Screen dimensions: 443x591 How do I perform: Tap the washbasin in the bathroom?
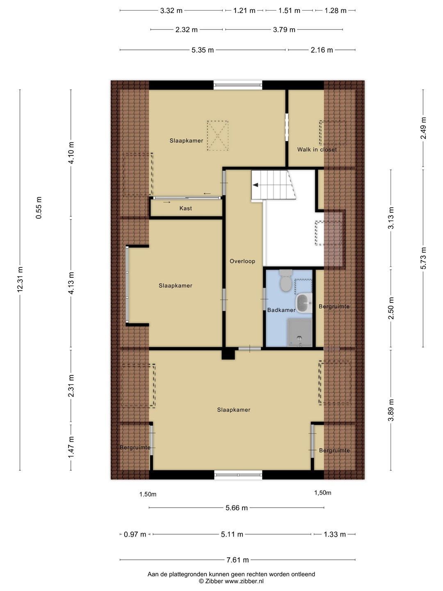pyautogui.click(x=304, y=303)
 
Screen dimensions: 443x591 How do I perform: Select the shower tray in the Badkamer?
pyautogui.click(x=300, y=332)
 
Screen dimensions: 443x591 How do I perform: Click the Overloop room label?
pyautogui.click(x=242, y=261)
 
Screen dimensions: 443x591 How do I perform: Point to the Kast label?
pyautogui.click(x=185, y=208)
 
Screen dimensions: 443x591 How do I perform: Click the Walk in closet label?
pyautogui.click(x=317, y=149)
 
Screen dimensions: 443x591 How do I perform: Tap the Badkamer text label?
pyautogui.click(x=281, y=310)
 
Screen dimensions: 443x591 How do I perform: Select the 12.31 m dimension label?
pyautogui.click(x=20, y=279)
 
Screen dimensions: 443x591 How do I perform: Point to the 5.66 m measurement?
pyautogui.click(x=236, y=508)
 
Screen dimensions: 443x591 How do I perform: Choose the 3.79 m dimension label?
pyautogui.click(x=284, y=30)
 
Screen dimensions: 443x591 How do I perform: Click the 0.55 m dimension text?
pyautogui.click(x=39, y=208)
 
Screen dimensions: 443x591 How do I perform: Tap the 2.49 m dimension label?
pyautogui.click(x=423, y=128)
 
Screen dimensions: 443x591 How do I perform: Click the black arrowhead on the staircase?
pyautogui.click(x=256, y=185)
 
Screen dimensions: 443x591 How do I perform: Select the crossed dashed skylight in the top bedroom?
pyautogui.click(x=217, y=135)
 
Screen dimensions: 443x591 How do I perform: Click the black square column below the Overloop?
pyautogui.click(x=228, y=354)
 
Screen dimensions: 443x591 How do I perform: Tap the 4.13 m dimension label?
pyautogui.click(x=71, y=283)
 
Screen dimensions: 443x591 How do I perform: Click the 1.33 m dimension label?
pyautogui.click(x=335, y=534)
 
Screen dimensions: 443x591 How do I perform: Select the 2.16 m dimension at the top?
pyautogui.click(x=322, y=50)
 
